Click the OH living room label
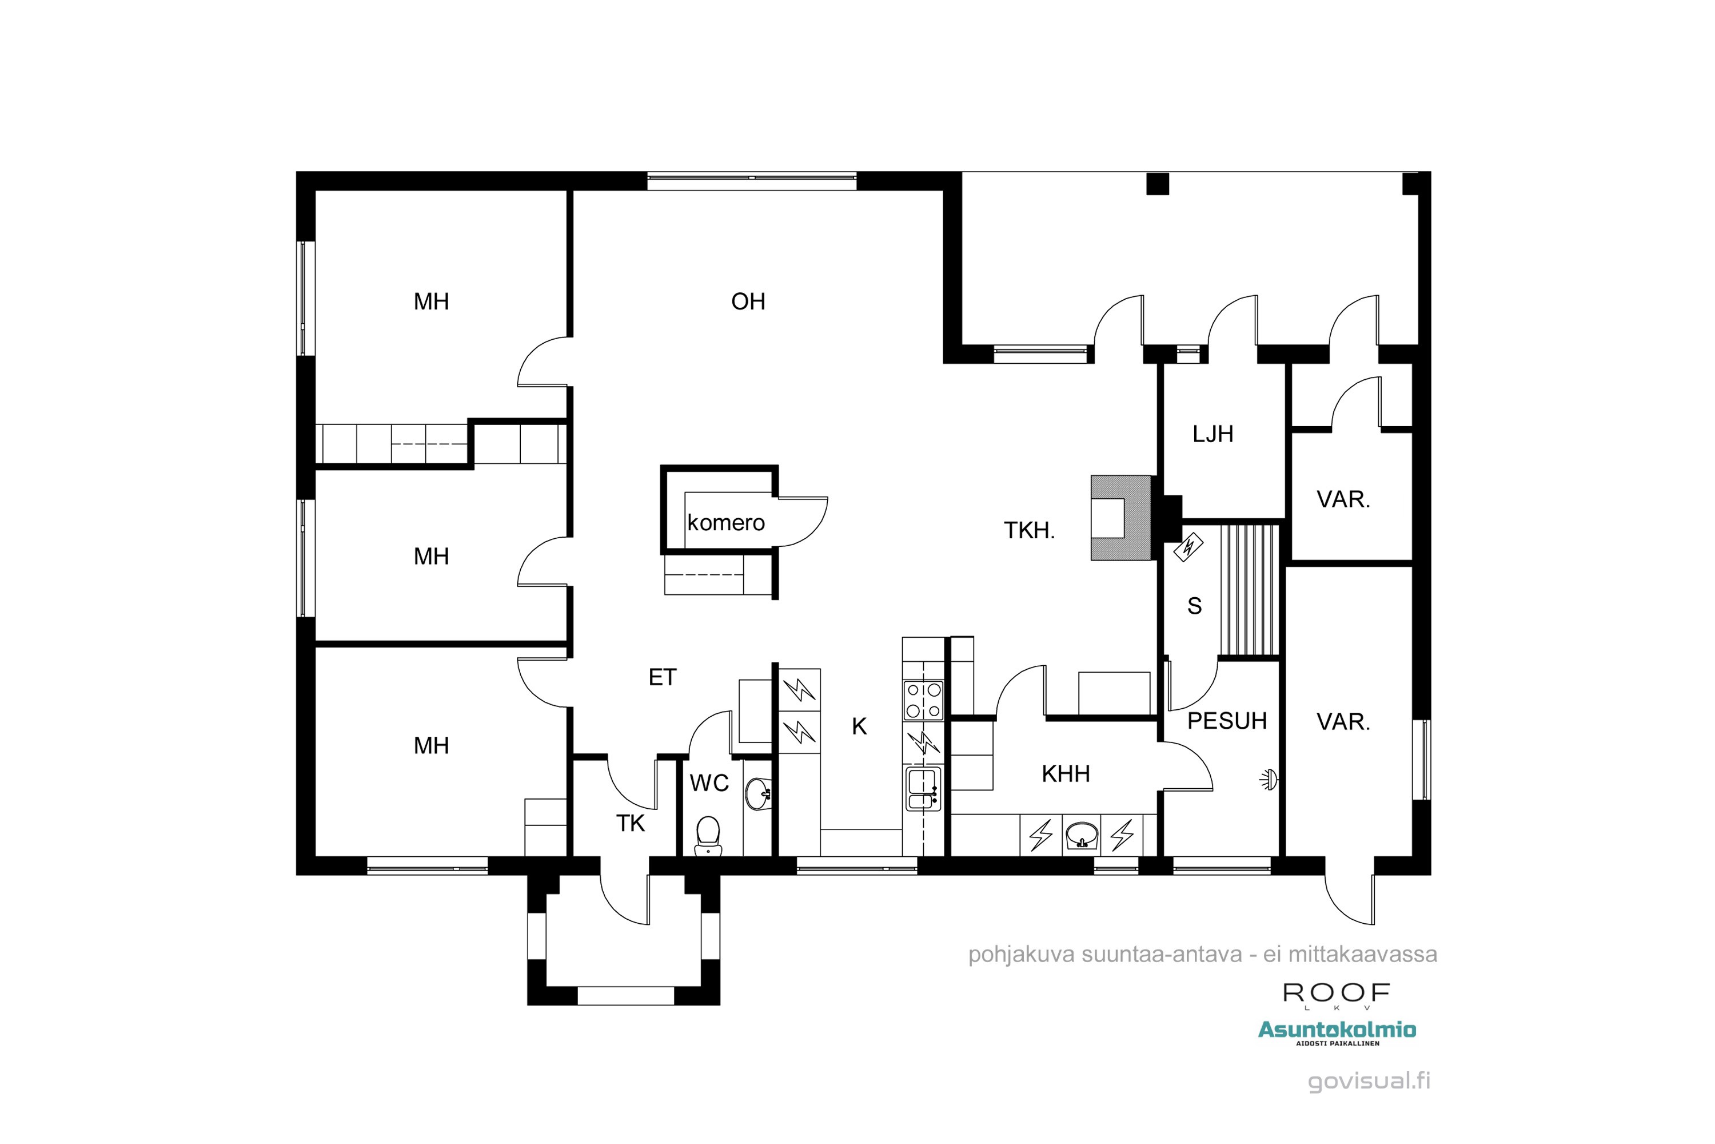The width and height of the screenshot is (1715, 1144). pyautogui.click(x=748, y=301)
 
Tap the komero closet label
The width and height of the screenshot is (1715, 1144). pyautogui.click(x=725, y=522)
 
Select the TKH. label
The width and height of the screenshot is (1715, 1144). pyautogui.click(x=1029, y=530)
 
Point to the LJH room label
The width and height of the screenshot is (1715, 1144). pyautogui.click(x=1213, y=434)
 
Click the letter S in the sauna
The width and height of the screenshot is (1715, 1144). pyautogui.click(x=1194, y=606)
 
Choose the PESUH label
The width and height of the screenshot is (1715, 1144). pyautogui.click(x=1227, y=721)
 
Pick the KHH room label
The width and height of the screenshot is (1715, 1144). pyautogui.click(x=1066, y=773)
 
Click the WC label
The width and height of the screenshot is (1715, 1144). pyautogui.click(x=709, y=783)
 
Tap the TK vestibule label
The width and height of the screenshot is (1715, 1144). pyautogui.click(x=631, y=823)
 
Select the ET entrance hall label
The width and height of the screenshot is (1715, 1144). pyautogui.click(x=662, y=677)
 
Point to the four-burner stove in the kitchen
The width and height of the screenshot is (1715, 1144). pyautogui.click(x=923, y=700)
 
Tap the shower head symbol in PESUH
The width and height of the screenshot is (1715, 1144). pyautogui.click(x=1270, y=780)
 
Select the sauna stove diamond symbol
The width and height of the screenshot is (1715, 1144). pyautogui.click(x=1188, y=546)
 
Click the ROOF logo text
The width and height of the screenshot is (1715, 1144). pyautogui.click(x=1337, y=993)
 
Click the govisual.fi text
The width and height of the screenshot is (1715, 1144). pyautogui.click(x=1369, y=1081)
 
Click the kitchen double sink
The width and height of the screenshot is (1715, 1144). pyautogui.click(x=923, y=788)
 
